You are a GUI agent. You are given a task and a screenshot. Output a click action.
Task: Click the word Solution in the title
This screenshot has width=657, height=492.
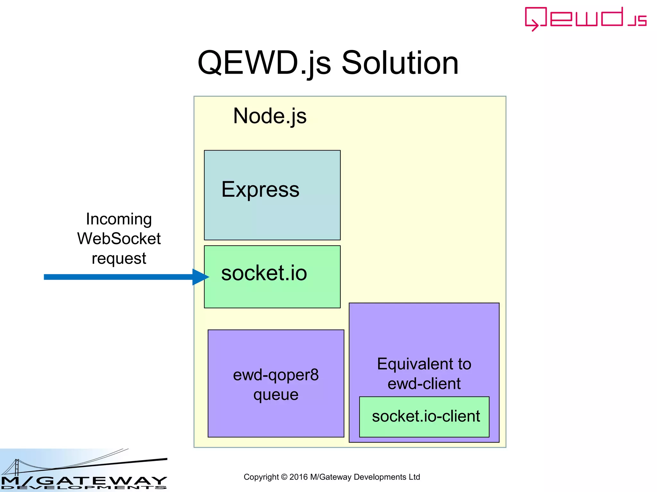tap(400, 63)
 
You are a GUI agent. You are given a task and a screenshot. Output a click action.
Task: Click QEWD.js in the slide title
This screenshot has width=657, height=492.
tap(264, 63)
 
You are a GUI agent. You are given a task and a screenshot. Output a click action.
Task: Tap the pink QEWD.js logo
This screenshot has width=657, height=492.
tap(585, 19)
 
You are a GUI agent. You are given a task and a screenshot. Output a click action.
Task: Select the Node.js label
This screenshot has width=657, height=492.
tap(270, 116)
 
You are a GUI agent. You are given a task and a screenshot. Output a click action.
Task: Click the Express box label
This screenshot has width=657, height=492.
tap(260, 189)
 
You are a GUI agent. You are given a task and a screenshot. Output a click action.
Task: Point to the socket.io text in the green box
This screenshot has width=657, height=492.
tap(264, 273)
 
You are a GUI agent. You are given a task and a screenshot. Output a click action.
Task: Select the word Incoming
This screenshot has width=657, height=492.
tap(119, 219)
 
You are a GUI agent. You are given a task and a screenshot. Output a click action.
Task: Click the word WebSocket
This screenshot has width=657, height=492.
tap(119, 239)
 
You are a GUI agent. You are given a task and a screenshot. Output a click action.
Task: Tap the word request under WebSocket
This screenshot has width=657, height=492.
tap(119, 258)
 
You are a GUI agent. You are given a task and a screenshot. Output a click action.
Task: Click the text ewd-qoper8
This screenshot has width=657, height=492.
tap(276, 375)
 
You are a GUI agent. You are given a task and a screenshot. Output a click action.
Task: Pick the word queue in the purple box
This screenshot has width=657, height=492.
tap(276, 395)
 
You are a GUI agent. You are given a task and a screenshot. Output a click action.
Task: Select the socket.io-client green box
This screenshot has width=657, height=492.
tap(424, 416)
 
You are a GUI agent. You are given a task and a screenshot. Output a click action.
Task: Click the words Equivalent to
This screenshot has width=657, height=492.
tap(424, 364)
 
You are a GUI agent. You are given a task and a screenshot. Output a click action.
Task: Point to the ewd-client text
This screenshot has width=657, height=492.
tap(424, 384)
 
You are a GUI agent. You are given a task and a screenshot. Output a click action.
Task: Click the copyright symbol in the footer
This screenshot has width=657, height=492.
tap(284, 477)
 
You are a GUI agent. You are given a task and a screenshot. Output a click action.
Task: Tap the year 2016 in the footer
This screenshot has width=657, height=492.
tap(298, 477)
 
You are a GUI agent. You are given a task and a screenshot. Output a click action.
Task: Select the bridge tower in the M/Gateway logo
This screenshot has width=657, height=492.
tap(17, 467)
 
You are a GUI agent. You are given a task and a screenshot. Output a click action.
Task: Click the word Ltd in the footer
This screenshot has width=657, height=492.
tap(414, 477)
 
